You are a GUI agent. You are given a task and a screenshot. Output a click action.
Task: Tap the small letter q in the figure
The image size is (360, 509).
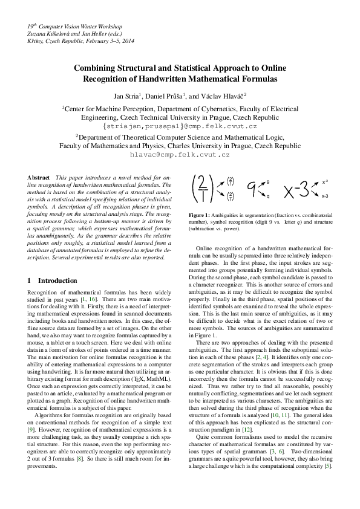(268, 196)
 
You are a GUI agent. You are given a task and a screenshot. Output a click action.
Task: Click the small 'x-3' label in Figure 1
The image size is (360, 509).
(325, 196)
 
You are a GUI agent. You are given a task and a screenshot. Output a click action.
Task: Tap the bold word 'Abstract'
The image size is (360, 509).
(39, 177)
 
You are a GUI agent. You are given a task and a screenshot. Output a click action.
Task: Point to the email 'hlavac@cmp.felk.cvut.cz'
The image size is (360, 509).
(180, 154)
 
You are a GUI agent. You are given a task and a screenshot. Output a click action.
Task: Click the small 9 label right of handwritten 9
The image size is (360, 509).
(268, 182)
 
